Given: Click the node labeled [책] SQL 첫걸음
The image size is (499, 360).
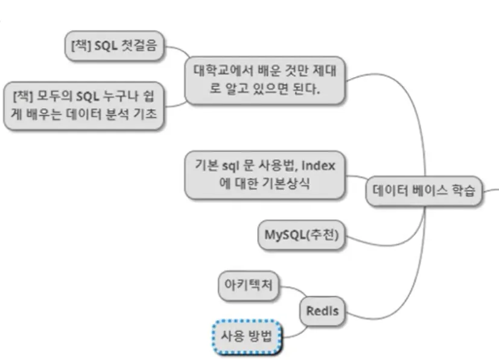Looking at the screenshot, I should (114, 47).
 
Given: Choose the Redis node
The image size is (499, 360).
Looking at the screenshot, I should (322, 311).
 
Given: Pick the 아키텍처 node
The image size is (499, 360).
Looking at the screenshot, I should (249, 286).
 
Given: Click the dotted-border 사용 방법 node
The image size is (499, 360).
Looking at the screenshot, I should (247, 336).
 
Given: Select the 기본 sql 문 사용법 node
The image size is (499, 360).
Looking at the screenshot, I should (265, 174).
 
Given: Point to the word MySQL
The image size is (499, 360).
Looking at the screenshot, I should (285, 235).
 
